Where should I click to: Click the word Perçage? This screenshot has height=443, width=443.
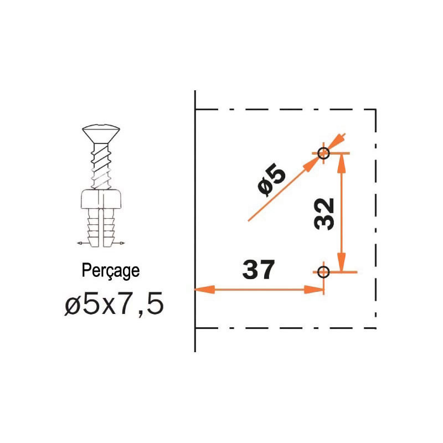tap(110, 271)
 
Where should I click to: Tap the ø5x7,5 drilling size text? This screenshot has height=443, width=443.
tap(114, 304)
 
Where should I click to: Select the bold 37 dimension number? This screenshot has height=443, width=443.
tap(259, 270)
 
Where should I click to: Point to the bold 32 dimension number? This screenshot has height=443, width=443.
tap(324, 214)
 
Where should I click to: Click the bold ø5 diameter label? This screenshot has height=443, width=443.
tap(272, 182)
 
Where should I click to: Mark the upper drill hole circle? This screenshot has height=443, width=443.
tap(323, 153)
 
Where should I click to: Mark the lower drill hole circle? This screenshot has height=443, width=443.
tap(323, 272)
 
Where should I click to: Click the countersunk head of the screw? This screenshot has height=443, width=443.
tap(101, 133)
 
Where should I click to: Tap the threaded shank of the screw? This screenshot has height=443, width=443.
tap(101, 166)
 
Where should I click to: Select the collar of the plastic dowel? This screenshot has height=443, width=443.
tap(101, 199)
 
